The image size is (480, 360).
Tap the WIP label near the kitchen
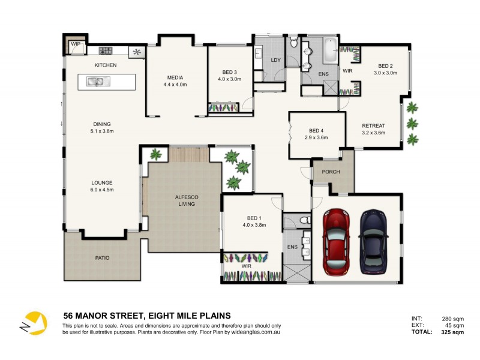[76, 44]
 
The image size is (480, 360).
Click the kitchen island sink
[96, 82]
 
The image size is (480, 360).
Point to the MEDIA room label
[175, 77]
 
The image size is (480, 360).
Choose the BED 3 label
[229, 72]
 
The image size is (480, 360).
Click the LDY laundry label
[276, 60]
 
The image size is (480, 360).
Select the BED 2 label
[385, 65]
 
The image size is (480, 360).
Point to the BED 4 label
[316, 130]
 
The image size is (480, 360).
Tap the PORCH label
[331, 172]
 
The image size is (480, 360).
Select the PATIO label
[101, 258]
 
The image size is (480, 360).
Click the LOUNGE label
[101, 182]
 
